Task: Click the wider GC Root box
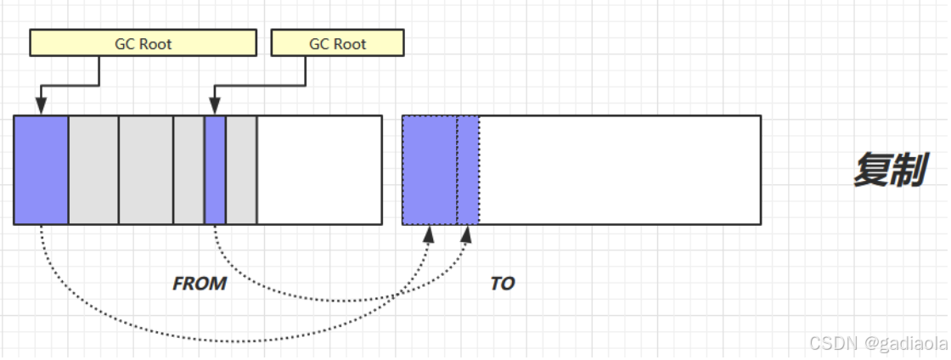pos(143,43)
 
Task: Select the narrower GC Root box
pos(337,43)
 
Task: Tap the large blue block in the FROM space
pos(41,170)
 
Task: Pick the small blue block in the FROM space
pos(215,170)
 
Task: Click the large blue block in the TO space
pos(430,170)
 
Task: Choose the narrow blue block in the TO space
pos(468,170)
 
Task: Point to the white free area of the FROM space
pos(319,170)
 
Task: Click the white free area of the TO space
pos(620,170)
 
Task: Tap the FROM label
pos(200,284)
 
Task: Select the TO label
pos(503,284)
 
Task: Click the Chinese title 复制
pos(888,171)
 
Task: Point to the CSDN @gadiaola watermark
pos(876,343)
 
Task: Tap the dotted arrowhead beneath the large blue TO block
pos(430,234)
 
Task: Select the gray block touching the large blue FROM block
pos(93,170)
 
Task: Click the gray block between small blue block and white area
pos(241,170)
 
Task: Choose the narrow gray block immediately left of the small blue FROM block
pos(189,170)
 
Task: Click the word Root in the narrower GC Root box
pos(350,43)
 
